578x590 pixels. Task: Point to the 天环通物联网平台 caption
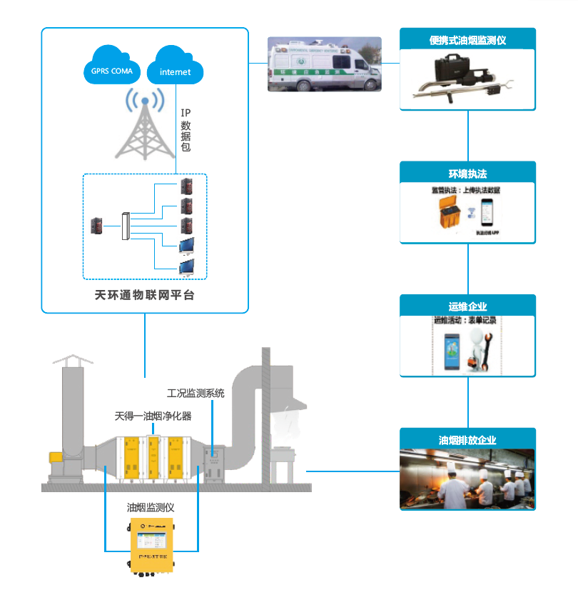(x=144, y=294)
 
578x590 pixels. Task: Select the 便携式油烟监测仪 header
(x=467, y=40)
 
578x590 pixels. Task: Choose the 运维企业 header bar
(x=467, y=306)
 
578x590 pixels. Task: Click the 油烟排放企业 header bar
(x=467, y=440)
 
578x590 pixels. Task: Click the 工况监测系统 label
(x=196, y=393)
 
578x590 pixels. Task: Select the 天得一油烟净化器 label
(x=153, y=415)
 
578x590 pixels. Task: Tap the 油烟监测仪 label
(x=151, y=507)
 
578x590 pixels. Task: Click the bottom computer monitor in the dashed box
(x=187, y=267)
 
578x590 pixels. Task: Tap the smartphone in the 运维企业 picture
(x=452, y=351)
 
